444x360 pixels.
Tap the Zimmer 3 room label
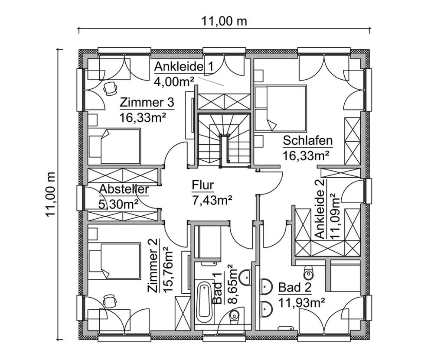(147, 103)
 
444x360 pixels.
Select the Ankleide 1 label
(184, 67)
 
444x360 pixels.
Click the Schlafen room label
(307, 141)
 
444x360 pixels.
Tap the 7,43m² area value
(212, 199)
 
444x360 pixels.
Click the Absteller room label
(124, 189)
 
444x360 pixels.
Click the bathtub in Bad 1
(203, 303)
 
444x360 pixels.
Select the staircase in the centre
(224, 139)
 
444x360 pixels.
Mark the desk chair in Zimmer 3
(110, 88)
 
